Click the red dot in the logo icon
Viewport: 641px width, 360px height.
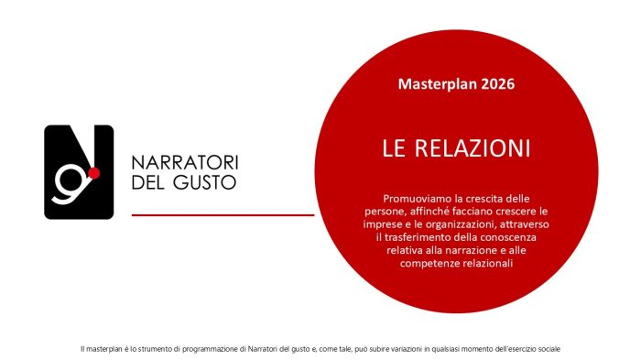pos(93,172)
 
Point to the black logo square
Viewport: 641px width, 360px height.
pos(79,171)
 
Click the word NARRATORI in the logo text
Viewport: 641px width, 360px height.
pos(185,162)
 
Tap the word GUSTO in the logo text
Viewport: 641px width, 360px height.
pos(206,181)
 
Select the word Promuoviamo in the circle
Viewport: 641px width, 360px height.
pos(417,198)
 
